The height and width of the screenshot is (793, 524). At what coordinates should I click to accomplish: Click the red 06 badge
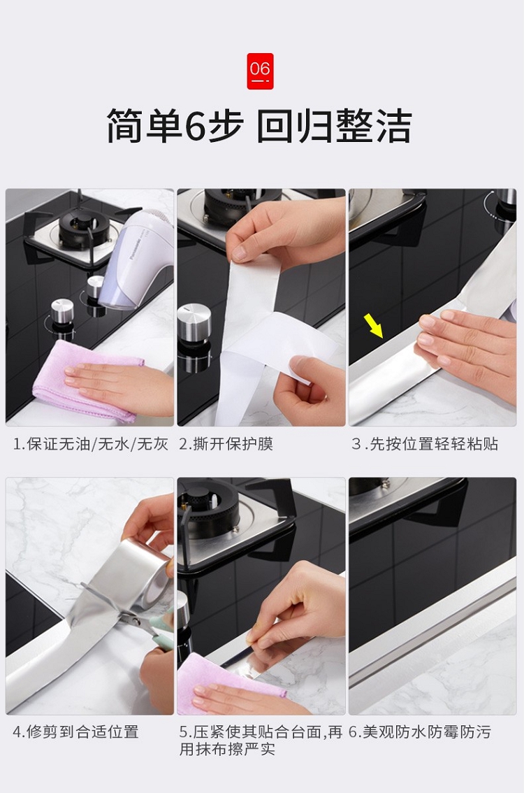tap(260, 71)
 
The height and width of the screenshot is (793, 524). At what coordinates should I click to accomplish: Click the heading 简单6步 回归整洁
tap(259, 126)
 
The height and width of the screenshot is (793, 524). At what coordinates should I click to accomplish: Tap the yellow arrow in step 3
tap(373, 325)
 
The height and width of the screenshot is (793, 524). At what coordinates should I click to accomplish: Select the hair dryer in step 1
tap(136, 258)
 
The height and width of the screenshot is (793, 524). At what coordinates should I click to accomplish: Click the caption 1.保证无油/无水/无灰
tap(90, 444)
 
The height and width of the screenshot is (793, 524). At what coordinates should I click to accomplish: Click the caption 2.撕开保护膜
tap(226, 444)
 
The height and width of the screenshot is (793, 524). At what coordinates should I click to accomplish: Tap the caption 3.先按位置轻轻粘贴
tap(425, 444)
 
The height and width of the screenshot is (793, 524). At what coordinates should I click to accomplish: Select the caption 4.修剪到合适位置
tap(75, 731)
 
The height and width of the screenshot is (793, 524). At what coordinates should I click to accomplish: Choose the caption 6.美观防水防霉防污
tap(420, 731)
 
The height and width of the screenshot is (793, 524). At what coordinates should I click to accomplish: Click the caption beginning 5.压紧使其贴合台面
tap(261, 740)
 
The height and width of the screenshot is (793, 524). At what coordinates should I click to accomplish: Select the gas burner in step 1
tap(83, 228)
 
